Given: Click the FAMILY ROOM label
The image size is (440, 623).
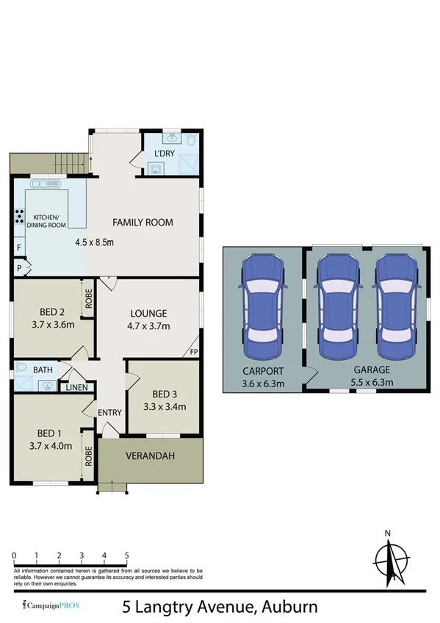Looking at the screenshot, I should point(143,222).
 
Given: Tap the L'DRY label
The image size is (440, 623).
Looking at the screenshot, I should point(163,153).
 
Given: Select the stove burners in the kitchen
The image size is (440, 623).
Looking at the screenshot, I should point(18,217).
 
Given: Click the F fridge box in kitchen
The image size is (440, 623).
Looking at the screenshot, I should point(18,249).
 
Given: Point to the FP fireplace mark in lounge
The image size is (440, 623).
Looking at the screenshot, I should point(194,351).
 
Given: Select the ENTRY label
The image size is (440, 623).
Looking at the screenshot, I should point(109,412).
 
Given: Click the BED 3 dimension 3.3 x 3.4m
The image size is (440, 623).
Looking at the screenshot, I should point(163,406).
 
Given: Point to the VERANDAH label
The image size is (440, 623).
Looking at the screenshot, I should point(151,456).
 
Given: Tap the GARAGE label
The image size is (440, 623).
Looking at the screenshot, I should point(370,370).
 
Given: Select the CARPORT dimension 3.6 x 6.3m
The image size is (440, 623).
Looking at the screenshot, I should point(262,382).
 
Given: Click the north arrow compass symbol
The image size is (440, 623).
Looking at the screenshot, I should point(395,560).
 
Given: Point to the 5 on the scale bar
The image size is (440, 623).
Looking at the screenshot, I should point(127,555).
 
